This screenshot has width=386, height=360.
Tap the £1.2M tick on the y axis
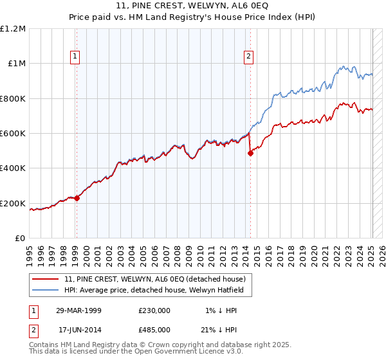click(13, 29)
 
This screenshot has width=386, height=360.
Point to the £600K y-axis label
click(13, 134)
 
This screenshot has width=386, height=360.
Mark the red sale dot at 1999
click(77, 198)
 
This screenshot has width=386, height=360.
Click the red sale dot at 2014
click(251, 154)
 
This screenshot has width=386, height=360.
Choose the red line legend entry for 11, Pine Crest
click(154, 280)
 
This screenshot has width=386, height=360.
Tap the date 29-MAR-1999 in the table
click(78, 310)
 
